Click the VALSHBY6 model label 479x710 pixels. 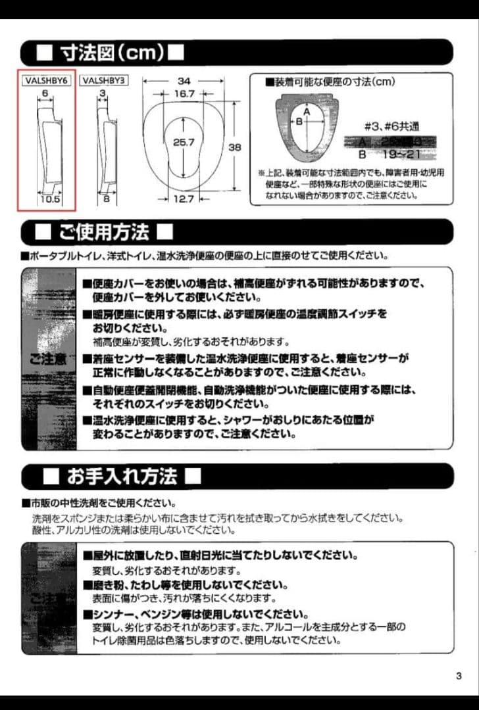point(46,81)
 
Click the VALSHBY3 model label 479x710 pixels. point(104,81)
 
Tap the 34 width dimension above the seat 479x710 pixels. point(184,81)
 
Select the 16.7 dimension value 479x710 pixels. point(184,94)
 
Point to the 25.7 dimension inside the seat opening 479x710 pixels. point(184,142)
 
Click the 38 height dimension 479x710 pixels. point(235,148)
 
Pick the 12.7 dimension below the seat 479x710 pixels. point(184,199)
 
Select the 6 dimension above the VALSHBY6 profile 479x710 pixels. point(45,94)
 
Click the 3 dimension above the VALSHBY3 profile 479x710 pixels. point(103,94)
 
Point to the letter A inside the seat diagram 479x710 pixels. point(306,111)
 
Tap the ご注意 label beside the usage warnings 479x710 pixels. point(47,359)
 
